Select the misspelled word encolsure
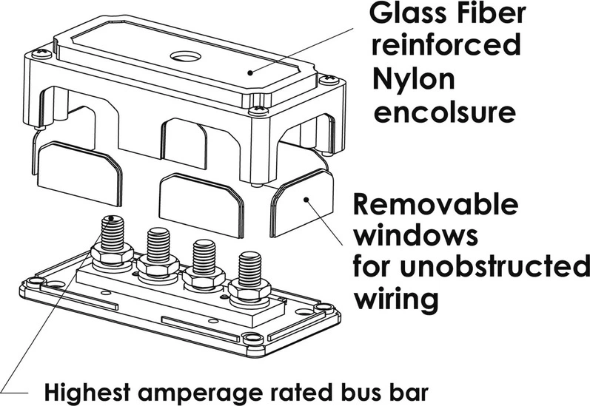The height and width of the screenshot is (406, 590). [444, 112]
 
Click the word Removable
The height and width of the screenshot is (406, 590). [435, 204]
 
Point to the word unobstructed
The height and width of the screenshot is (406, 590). [495, 267]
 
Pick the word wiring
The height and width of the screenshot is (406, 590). [396, 300]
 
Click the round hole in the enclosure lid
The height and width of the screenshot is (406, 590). [185, 56]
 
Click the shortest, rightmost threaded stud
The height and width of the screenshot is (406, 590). [250, 269]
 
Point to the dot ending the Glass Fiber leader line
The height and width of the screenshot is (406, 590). [250, 72]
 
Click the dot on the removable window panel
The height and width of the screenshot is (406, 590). [306, 200]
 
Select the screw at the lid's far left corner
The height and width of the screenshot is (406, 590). [41, 54]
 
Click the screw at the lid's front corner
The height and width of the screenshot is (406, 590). [258, 110]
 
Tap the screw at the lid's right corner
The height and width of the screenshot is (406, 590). [329, 79]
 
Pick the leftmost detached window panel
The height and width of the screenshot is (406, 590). [80, 173]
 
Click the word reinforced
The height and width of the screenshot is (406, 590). [446, 44]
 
